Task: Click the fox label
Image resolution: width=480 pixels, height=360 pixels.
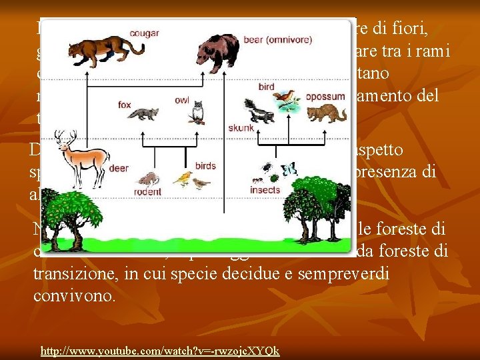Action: click(125, 105)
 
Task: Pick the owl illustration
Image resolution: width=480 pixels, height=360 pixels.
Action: click(197, 111)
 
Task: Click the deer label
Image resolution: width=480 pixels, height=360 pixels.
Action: click(119, 169)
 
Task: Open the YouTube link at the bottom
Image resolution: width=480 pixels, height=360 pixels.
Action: click(160, 351)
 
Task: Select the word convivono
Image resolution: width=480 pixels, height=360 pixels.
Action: click(75, 295)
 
